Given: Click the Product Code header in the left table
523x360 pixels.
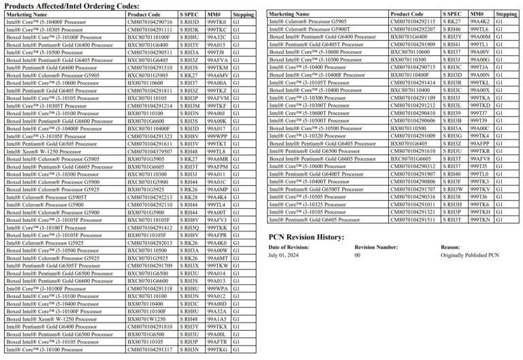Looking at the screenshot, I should (143, 14).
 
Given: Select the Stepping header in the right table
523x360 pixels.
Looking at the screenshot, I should (506, 14).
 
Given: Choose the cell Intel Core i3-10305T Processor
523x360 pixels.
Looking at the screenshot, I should (44, 105).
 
